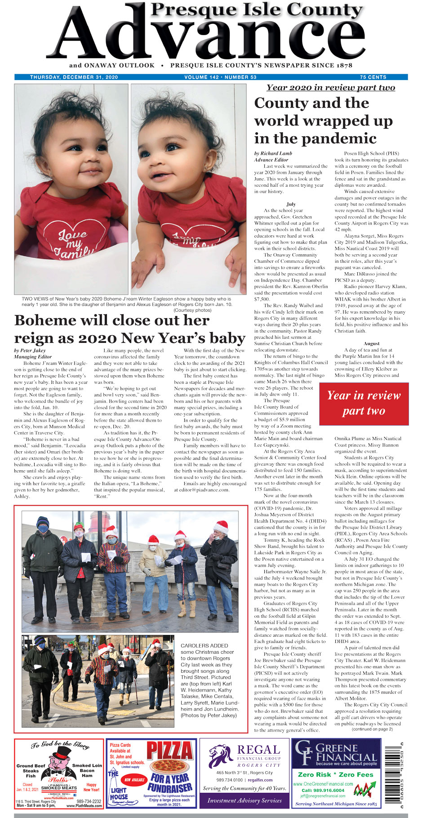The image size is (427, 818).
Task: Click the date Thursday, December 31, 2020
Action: point(74,77)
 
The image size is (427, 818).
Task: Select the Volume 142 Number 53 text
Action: point(220,77)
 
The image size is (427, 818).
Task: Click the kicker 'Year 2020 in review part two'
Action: point(330,88)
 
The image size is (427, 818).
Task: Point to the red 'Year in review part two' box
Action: point(364,403)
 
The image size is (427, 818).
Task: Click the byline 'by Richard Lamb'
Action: point(273,153)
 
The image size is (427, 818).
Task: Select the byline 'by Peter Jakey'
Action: point(30,350)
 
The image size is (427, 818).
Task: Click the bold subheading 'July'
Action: point(291,204)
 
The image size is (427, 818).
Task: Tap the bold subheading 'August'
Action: point(371,343)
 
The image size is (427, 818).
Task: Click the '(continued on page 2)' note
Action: point(372,729)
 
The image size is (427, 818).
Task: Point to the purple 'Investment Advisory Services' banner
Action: point(245,800)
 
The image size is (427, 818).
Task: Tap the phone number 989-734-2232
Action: point(89,801)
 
